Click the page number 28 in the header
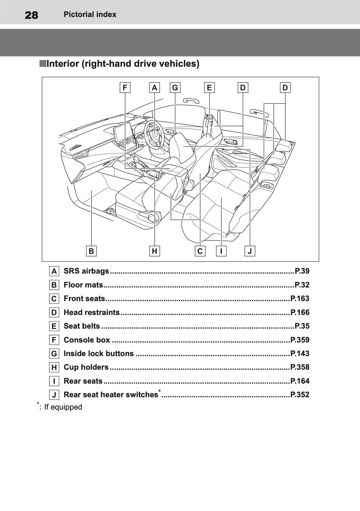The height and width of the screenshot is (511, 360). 31,15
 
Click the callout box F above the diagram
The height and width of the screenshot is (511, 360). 125,88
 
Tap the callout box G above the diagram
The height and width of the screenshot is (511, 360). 175,88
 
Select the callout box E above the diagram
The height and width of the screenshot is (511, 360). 209,88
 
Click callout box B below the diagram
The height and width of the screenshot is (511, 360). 91,251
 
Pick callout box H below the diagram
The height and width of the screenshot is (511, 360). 155,251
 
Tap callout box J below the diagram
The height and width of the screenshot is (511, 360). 250,251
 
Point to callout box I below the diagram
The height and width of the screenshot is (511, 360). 221,251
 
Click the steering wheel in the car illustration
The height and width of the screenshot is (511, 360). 155,134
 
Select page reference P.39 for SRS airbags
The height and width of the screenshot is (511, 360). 302,271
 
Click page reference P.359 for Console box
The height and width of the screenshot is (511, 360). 300,340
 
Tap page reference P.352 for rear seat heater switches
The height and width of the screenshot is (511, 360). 300,395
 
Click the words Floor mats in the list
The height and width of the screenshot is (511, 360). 83,285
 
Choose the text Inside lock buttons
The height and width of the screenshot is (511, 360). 99,353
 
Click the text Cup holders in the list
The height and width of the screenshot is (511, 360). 86,367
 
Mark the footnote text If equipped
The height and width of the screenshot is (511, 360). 63,407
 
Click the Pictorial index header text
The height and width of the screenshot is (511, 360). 90,15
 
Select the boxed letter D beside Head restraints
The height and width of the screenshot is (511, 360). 54,313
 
